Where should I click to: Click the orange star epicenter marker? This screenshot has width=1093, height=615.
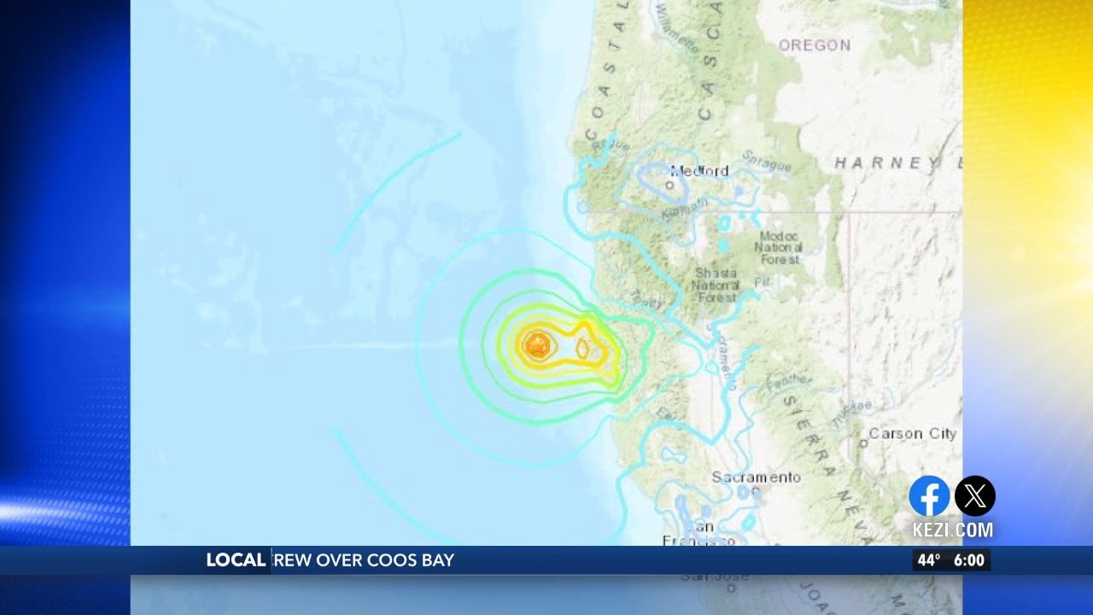point(537,345)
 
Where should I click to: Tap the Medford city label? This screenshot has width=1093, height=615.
point(699,171)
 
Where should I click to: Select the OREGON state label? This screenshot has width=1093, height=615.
point(814,45)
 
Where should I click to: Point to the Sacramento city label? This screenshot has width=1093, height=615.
point(757,477)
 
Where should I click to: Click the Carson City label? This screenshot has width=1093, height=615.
point(912,434)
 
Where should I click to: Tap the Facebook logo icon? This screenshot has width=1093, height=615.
point(929,496)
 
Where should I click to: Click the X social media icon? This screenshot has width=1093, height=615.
point(974,496)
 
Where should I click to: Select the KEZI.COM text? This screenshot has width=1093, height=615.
point(952,530)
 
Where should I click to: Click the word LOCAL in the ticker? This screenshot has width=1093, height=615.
point(236,560)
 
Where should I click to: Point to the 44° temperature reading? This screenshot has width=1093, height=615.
point(928,560)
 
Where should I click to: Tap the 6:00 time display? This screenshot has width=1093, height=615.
point(968,560)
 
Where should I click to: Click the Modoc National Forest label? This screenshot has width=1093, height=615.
point(777,247)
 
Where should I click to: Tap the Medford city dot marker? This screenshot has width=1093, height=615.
point(669,184)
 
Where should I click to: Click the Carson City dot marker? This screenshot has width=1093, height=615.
point(863,442)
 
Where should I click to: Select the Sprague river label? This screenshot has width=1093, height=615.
point(767,161)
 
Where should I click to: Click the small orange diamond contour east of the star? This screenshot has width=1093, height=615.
point(583,348)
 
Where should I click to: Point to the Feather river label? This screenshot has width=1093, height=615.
point(789,384)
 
